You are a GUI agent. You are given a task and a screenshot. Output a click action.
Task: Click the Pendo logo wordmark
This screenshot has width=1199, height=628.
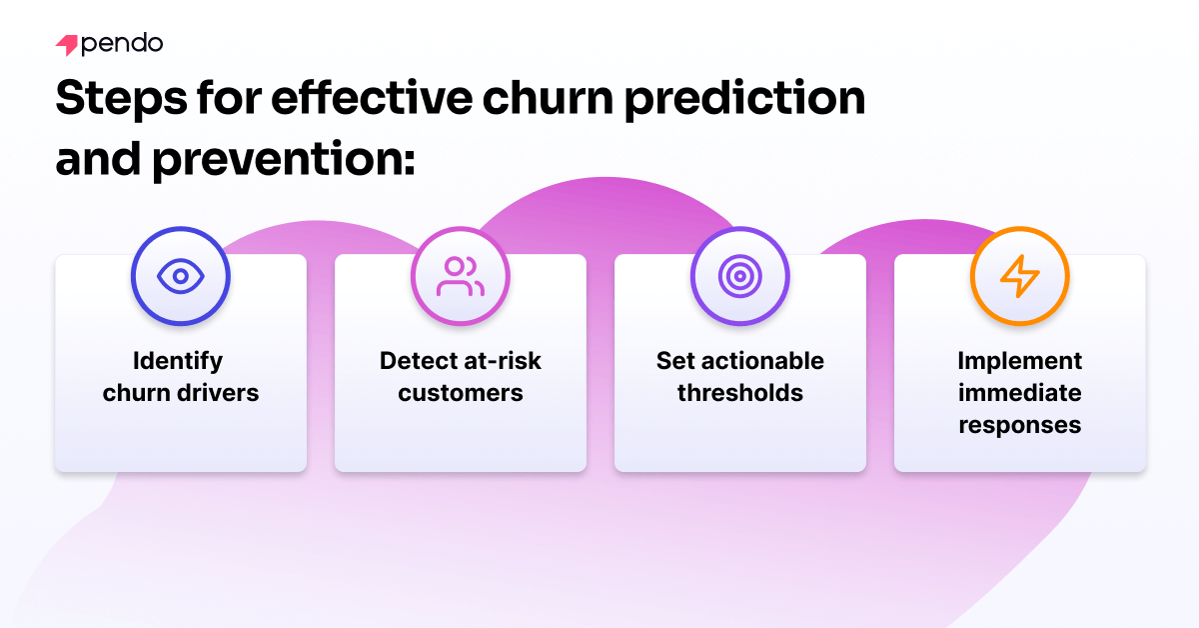coord(122,45)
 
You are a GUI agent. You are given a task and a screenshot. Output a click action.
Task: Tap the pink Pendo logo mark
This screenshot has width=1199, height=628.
coord(67,46)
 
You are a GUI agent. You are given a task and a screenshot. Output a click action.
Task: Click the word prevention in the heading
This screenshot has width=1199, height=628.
coord(283,158)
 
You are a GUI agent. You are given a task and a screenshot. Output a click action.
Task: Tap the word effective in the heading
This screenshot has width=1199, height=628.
coord(376,100)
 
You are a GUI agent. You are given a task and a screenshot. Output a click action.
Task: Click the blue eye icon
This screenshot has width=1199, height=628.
coord(181,276)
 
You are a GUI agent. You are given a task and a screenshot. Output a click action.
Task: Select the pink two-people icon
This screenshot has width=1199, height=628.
coord(461,276)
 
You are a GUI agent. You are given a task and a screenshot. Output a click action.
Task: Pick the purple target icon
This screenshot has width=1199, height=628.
coord(740,276)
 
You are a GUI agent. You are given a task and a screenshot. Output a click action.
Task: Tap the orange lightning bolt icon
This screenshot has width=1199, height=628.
coord(1020,276)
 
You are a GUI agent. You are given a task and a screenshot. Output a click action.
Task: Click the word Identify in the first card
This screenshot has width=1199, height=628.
coord(181,360)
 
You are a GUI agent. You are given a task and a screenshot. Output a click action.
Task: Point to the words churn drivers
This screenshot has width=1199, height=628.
coord(181,393)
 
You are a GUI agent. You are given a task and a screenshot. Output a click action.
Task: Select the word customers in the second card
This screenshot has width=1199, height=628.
coord(461,393)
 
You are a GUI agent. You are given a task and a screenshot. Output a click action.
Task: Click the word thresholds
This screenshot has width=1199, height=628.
coord(740,393)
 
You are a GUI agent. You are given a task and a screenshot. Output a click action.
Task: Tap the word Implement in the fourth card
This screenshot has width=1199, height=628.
coord(1020,360)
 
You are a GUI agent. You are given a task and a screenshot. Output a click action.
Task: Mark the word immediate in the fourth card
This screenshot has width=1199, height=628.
coord(1020,393)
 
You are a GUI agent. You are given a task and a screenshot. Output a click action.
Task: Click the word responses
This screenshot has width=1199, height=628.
coord(1020,425)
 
